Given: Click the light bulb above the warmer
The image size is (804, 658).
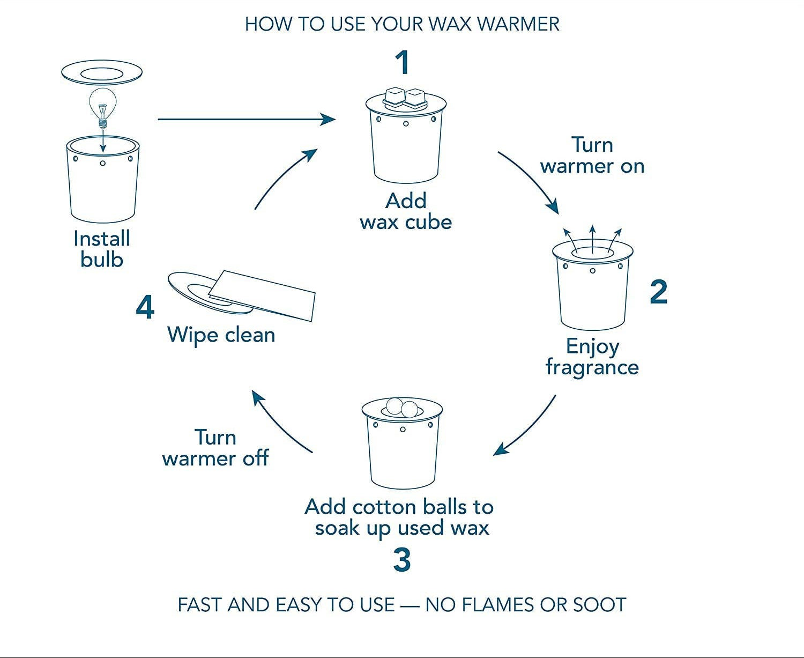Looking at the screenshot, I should (x=102, y=105).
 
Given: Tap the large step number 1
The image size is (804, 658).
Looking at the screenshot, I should (x=403, y=63).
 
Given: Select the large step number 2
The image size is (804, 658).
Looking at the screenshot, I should (x=658, y=292).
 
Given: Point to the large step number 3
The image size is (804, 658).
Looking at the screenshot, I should (x=401, y=560).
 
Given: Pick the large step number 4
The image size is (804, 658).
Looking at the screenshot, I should (x=145, y=308).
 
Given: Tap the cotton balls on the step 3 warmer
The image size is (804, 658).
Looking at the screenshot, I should (x=402, y=408).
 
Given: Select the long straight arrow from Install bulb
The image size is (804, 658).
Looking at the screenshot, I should (x=247, y=119).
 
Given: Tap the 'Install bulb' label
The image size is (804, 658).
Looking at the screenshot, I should (x=102, y=249).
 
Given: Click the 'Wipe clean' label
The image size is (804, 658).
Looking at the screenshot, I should (x=221, y=335).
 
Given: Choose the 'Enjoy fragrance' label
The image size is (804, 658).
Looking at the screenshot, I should (x=592, y=357).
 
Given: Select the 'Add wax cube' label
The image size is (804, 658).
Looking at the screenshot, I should (x=406, y=211).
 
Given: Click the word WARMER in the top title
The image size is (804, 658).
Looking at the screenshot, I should (x=518, y=24).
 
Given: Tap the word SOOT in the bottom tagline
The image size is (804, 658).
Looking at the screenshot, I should (x=599, y=605).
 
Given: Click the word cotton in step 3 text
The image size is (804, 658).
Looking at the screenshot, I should (x=384, y=507).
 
